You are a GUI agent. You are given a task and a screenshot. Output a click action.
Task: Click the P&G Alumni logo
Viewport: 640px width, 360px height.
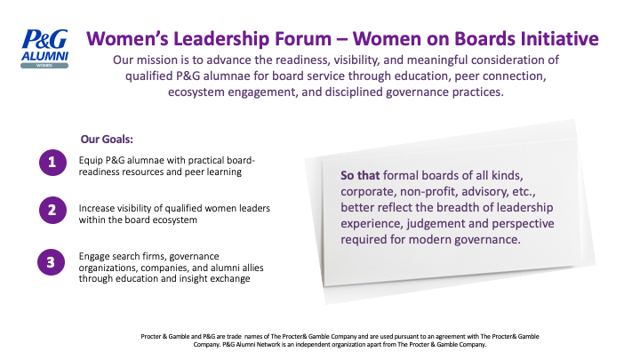pos(44,49)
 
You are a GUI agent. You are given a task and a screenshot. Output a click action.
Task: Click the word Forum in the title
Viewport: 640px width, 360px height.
pos(303,39)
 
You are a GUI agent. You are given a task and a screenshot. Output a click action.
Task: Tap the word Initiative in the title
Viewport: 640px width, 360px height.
pos(559,39)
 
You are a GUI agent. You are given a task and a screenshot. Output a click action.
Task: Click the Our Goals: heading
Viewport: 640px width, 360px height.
pos(107,140)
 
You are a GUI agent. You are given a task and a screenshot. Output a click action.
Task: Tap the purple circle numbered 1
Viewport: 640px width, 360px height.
pos(52,163)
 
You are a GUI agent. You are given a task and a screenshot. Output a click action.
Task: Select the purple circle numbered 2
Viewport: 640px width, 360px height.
pos(52,210)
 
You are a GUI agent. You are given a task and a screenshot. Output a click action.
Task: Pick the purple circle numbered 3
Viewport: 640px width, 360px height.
pos(51,262)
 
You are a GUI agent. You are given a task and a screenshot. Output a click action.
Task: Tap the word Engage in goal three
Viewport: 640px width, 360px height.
pos(93,257)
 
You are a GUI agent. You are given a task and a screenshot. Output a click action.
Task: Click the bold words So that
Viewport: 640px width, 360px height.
pos(360,175)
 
